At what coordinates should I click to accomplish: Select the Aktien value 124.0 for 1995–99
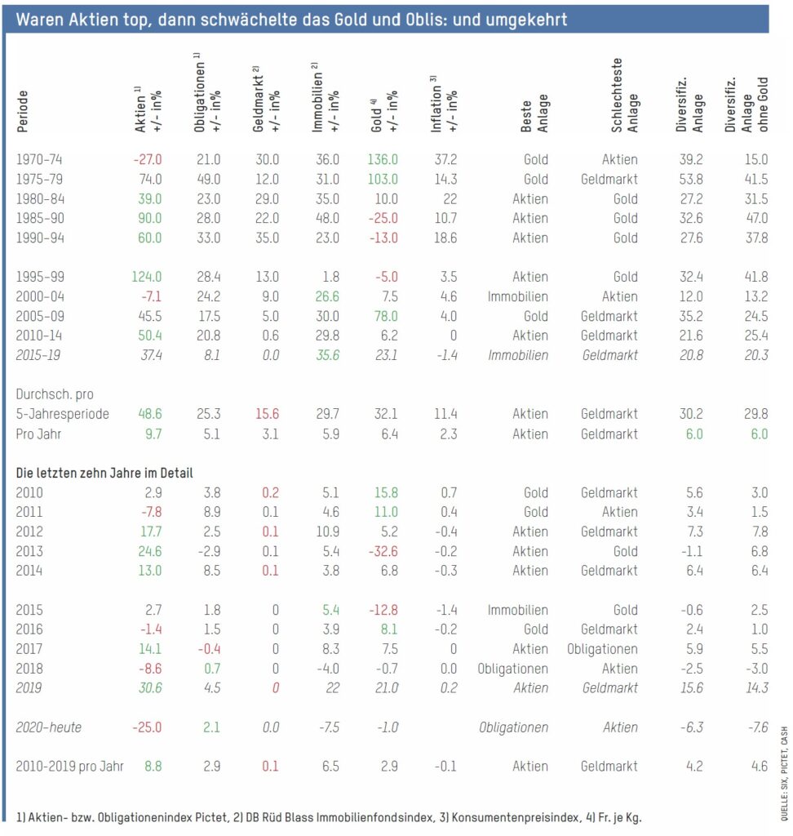coord(147,277)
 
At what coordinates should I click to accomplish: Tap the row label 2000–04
coord(39,296)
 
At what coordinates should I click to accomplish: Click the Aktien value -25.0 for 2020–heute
coord(147,727)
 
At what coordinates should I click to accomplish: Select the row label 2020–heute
coord(48,727)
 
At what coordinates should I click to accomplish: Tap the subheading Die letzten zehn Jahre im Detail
coord(104,473)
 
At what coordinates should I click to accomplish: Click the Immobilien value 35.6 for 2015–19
coord(324,355)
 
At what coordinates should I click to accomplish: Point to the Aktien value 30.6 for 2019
coord(148,688)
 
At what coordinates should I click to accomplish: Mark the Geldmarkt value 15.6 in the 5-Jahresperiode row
coord(264,414)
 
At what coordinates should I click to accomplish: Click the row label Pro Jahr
coord(39,434)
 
